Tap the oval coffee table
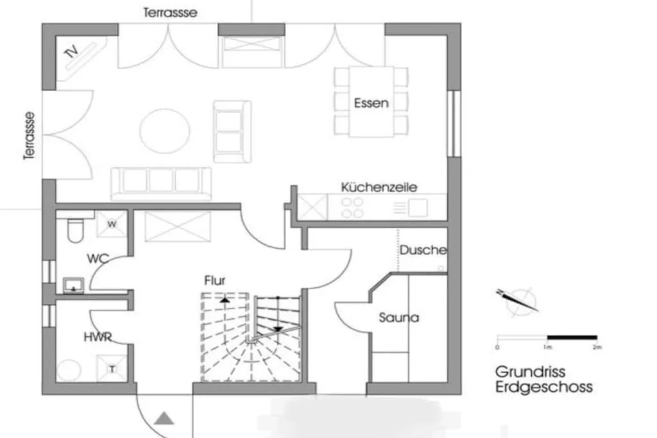click(x=164, y=131)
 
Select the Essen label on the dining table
click(x=371, y=103)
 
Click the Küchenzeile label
click(x=379, y=187)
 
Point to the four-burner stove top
click(x=352, y=207)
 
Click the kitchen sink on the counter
click(x=418, y=207)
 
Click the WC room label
click(x=98, y=259)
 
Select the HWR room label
click(x=98, y=337)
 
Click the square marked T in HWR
click(x=112, y=369)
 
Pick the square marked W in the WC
click(x=112, y=224)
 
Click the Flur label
click(x=215, y=280)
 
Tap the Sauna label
click(x=398, y=317)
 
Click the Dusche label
click(x=423, y=249)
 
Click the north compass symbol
click(x=520, y=300)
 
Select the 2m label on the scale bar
click(x=597, y=347)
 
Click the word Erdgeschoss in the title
click(x=543, y=387)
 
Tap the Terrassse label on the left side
click(x=29, y=135)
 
